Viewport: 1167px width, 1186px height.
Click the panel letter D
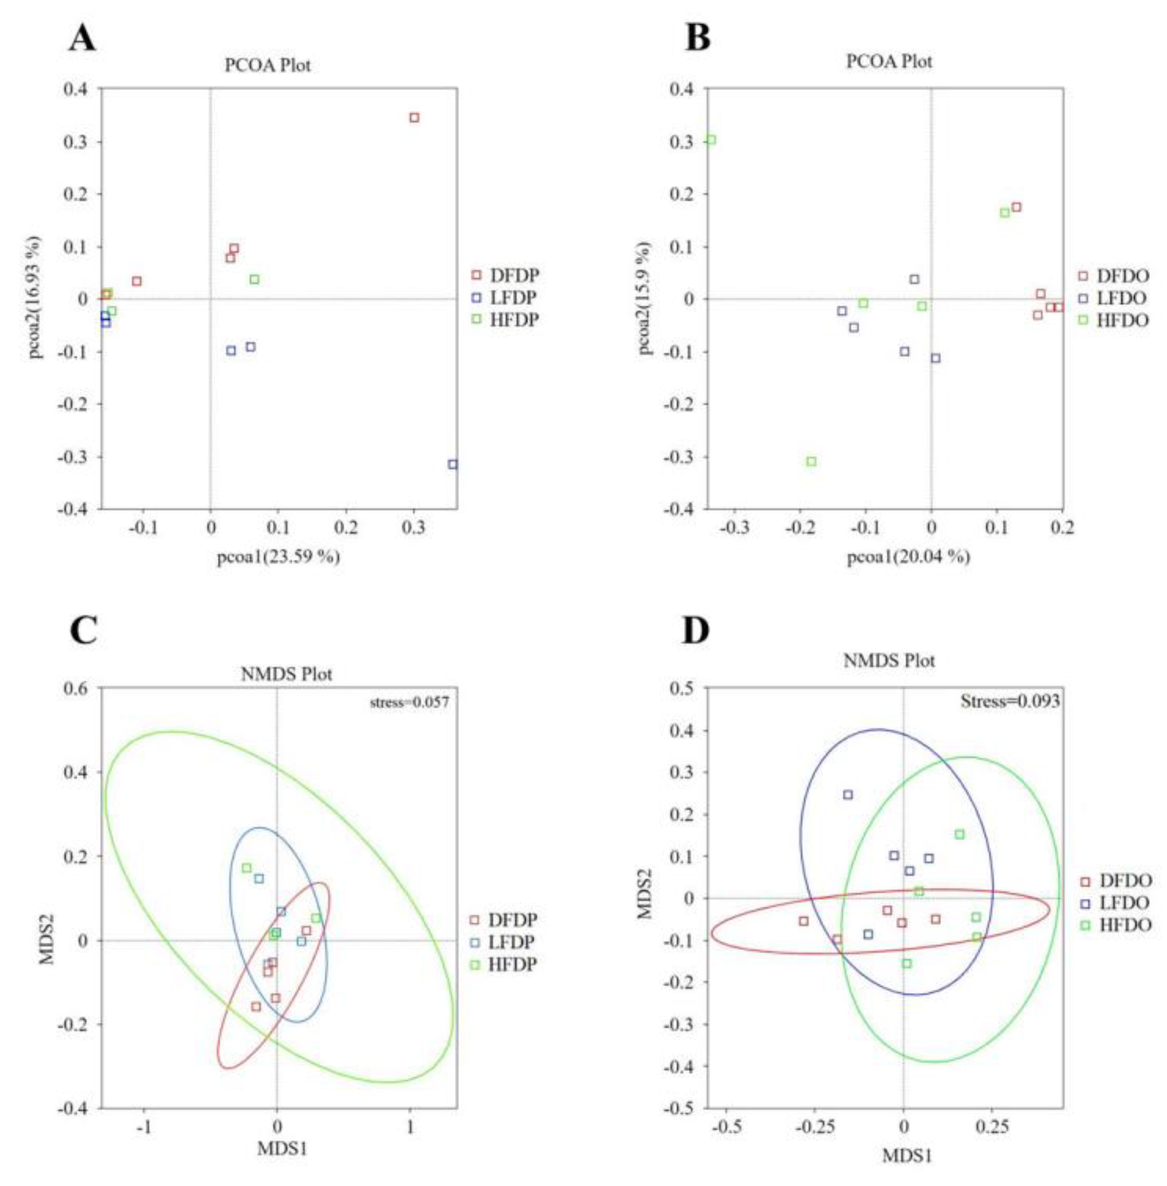point(695,631)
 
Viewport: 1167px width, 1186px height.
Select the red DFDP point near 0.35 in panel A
point(414,118)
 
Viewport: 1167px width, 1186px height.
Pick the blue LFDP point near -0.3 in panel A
point(452,464)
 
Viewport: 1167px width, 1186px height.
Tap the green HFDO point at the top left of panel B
point(711,139)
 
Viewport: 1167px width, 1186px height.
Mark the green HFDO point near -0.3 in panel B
point(811,461)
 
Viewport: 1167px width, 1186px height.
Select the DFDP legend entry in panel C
point(503,920)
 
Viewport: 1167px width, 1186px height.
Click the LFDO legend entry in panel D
point(1116,902)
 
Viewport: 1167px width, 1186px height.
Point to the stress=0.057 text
point(409,702)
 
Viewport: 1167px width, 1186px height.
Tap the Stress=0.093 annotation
point(1009,701)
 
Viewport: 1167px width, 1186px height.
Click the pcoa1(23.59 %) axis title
point(279,557)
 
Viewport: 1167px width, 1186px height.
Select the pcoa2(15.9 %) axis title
point(644,298)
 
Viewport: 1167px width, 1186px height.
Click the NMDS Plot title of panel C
point(286,674)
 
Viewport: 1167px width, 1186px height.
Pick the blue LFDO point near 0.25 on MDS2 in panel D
point(847,795)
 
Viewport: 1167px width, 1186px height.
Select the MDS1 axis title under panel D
point(907,1156)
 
